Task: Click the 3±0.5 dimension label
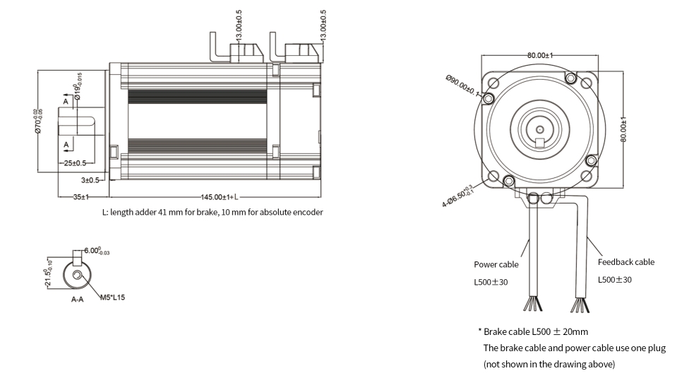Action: pyautogui.click(x=91, y=180)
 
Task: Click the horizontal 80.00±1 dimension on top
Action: pyautogui.click(x=539, y=55)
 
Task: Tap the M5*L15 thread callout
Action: pyautogui.click(x=111, y=297)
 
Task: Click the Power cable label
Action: pyautogui.click(x=496, y=264)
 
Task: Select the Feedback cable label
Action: pyautogui.click(x=626, y=261)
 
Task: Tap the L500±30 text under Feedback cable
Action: pyautogui.click(x=614, y=280)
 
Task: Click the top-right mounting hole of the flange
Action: pyautogui.click(x=585, y=83)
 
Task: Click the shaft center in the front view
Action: pyautogui.click(x=539, y=129)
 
